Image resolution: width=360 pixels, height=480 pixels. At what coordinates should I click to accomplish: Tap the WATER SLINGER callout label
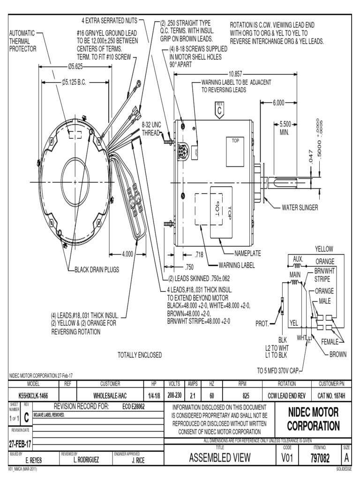click(x=300, y=207)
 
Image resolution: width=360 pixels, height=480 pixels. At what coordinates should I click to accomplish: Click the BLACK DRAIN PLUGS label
click(x=97, y=270)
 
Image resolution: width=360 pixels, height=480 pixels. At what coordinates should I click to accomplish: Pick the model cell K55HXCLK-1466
click(x=33, y=396)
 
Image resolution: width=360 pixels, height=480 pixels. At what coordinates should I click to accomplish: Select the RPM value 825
click(x=242, y=396)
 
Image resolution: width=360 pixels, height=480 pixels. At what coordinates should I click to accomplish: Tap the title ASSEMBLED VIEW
click(x=220, y=457)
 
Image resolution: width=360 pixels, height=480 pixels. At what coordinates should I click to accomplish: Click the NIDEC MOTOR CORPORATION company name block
click(x=313, y=420)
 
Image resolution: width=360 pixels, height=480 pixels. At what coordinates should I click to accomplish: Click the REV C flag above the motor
click(x=219, y=110)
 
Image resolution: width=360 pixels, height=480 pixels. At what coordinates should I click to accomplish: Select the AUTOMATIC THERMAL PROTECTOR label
click(x=22, y=41)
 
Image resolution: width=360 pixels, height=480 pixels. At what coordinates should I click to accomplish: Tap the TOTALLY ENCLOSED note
click(x=140, y=355)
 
